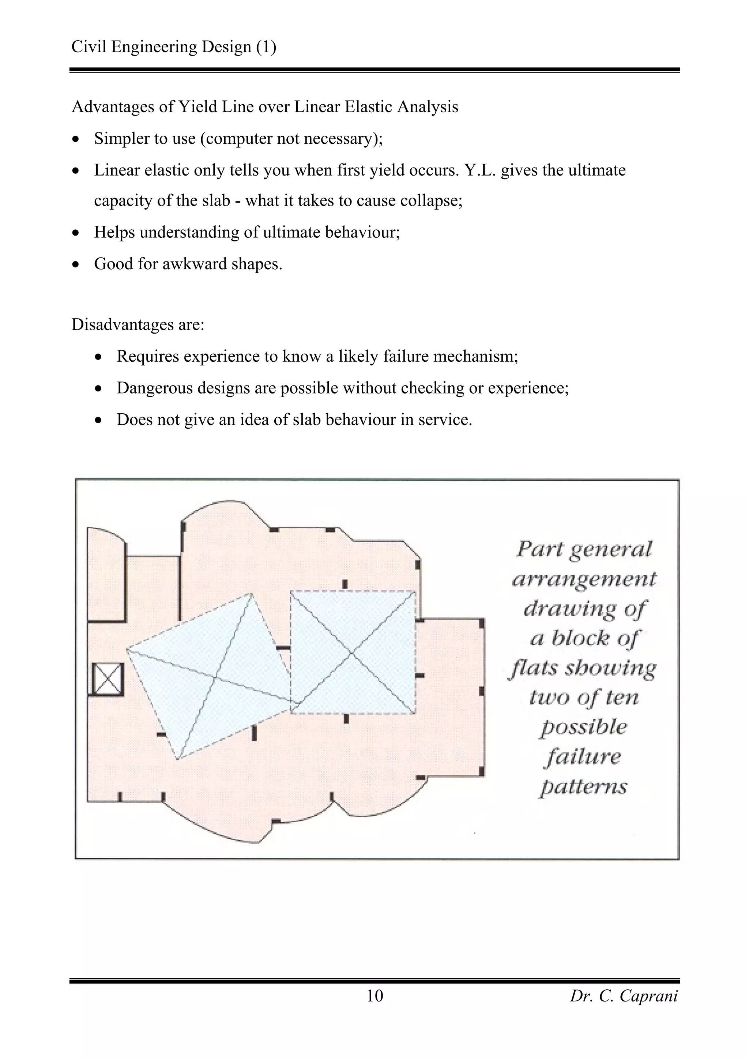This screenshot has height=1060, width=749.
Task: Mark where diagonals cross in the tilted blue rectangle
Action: pos(215,678)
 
